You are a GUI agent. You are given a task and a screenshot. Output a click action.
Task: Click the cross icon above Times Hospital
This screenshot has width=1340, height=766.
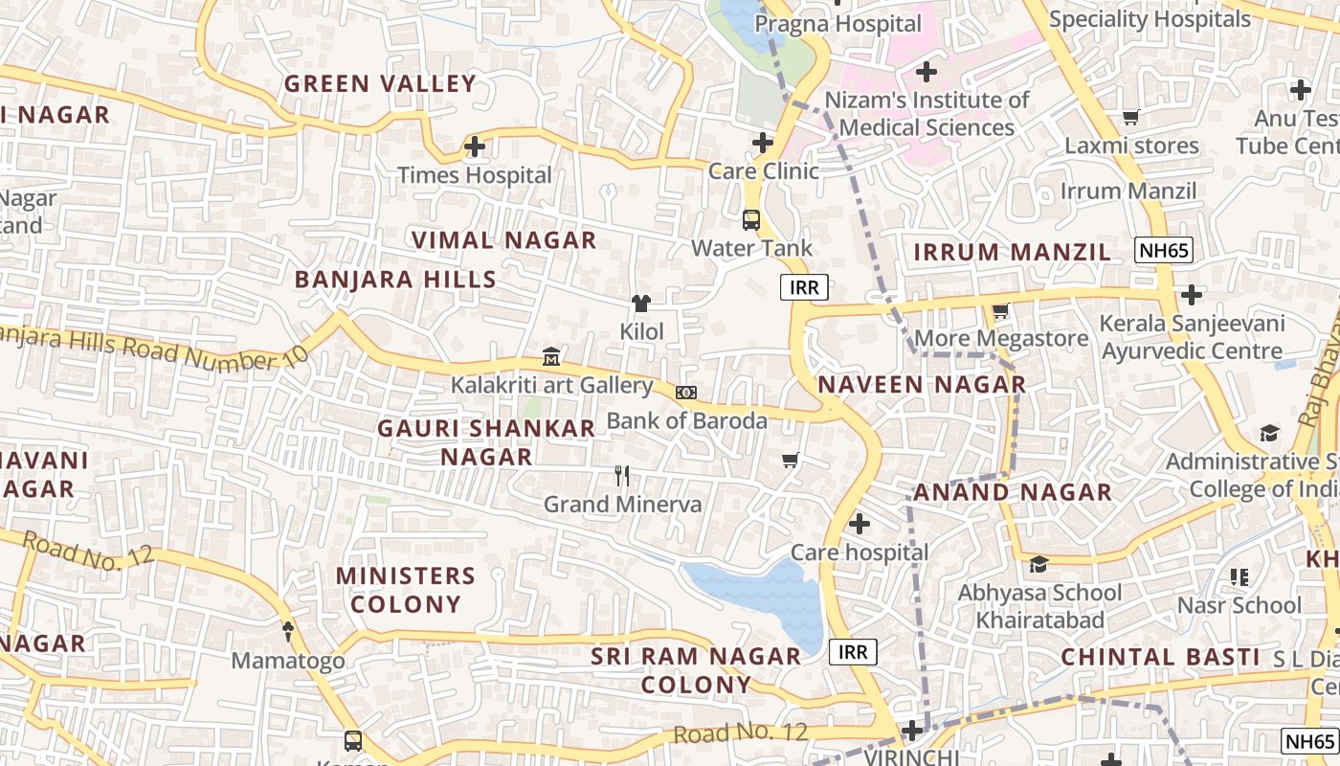pyautogui.click(x=475, y=147)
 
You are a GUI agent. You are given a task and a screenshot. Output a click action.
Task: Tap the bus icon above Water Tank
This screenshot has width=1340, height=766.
pyautogui.click(x=751, y=219)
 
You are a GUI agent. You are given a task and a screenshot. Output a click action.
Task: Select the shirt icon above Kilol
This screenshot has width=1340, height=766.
pyautogui.click(x=641, y=304)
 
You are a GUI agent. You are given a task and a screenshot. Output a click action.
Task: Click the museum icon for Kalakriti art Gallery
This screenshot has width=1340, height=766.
pyautogui.click(x=551, y=357)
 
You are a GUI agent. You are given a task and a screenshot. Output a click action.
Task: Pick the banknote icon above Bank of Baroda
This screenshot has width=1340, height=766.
pyautogui.click(x=686, y=392)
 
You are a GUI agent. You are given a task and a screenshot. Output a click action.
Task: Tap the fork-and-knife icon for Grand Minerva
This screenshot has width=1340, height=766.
pyautogui.click(x=622, y=475)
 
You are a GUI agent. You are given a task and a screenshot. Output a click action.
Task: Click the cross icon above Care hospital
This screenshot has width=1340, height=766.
pyautogui.click(x=860, y=524)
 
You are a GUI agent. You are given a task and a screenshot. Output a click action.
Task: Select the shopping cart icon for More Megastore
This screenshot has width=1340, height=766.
pyautogui.click(x=1001, y=310)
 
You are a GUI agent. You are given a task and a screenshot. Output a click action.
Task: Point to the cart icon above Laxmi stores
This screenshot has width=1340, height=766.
pyautogui.click(x=1130, y=118)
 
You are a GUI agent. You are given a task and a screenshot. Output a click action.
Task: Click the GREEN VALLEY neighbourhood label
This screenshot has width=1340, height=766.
pyautogui.click(x=380, y=83)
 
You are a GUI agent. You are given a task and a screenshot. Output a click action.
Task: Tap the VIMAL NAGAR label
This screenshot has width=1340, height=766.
pyautogui.click(x=503, y=239)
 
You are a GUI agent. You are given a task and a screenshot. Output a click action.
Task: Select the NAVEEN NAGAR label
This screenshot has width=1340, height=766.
pyautogui.click(x=922, y=385)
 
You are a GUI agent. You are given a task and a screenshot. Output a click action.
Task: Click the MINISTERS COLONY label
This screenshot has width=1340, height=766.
pyautogui.click(x=406, y=590)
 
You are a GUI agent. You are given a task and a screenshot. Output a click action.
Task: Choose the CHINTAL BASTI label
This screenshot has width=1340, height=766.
pyautogui.click(x=1160, y=657)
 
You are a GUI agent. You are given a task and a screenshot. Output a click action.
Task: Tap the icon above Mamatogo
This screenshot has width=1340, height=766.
pyautogui.click(x=288, y=632)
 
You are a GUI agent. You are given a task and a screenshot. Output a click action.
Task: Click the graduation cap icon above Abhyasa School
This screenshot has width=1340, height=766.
pyautogui.click(x=1038, y=564)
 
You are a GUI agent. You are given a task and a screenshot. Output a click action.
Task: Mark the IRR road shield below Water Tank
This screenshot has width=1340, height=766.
pyautogui.click(x=803, y=287)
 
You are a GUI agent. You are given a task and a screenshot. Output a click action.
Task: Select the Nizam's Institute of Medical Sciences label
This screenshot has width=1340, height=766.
pyautogui.click(x=927, y=114)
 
